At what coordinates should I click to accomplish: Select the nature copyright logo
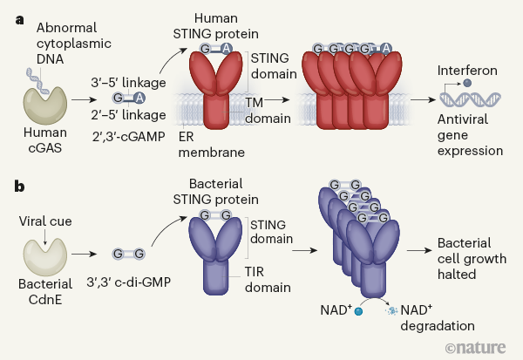point(475,347)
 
